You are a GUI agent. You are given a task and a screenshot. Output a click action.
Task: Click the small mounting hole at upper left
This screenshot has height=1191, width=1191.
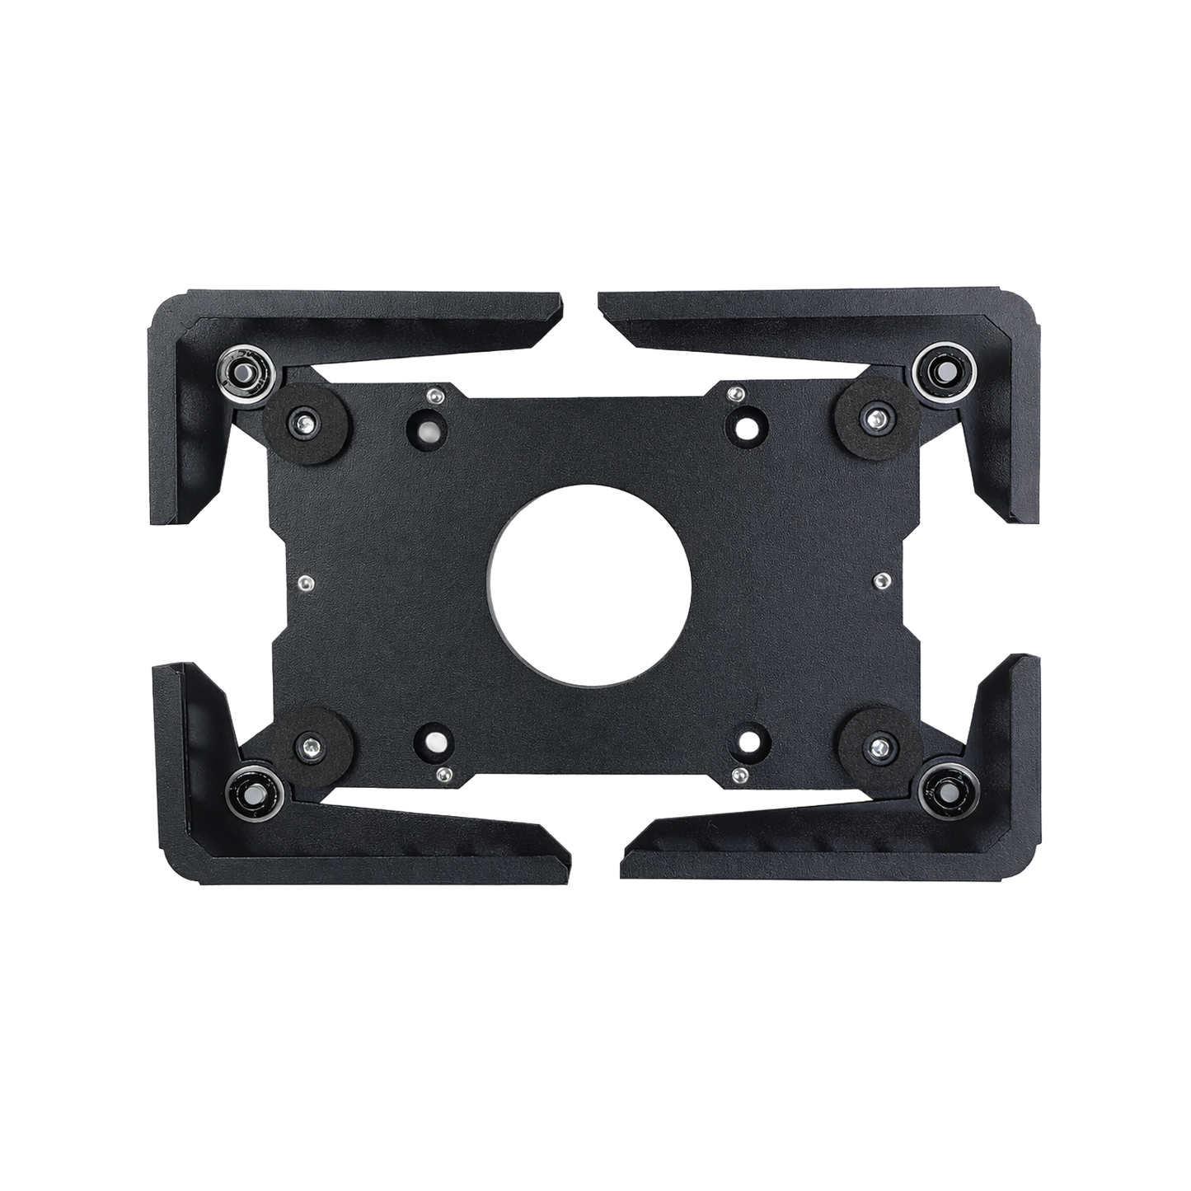(x=429, y=427)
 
